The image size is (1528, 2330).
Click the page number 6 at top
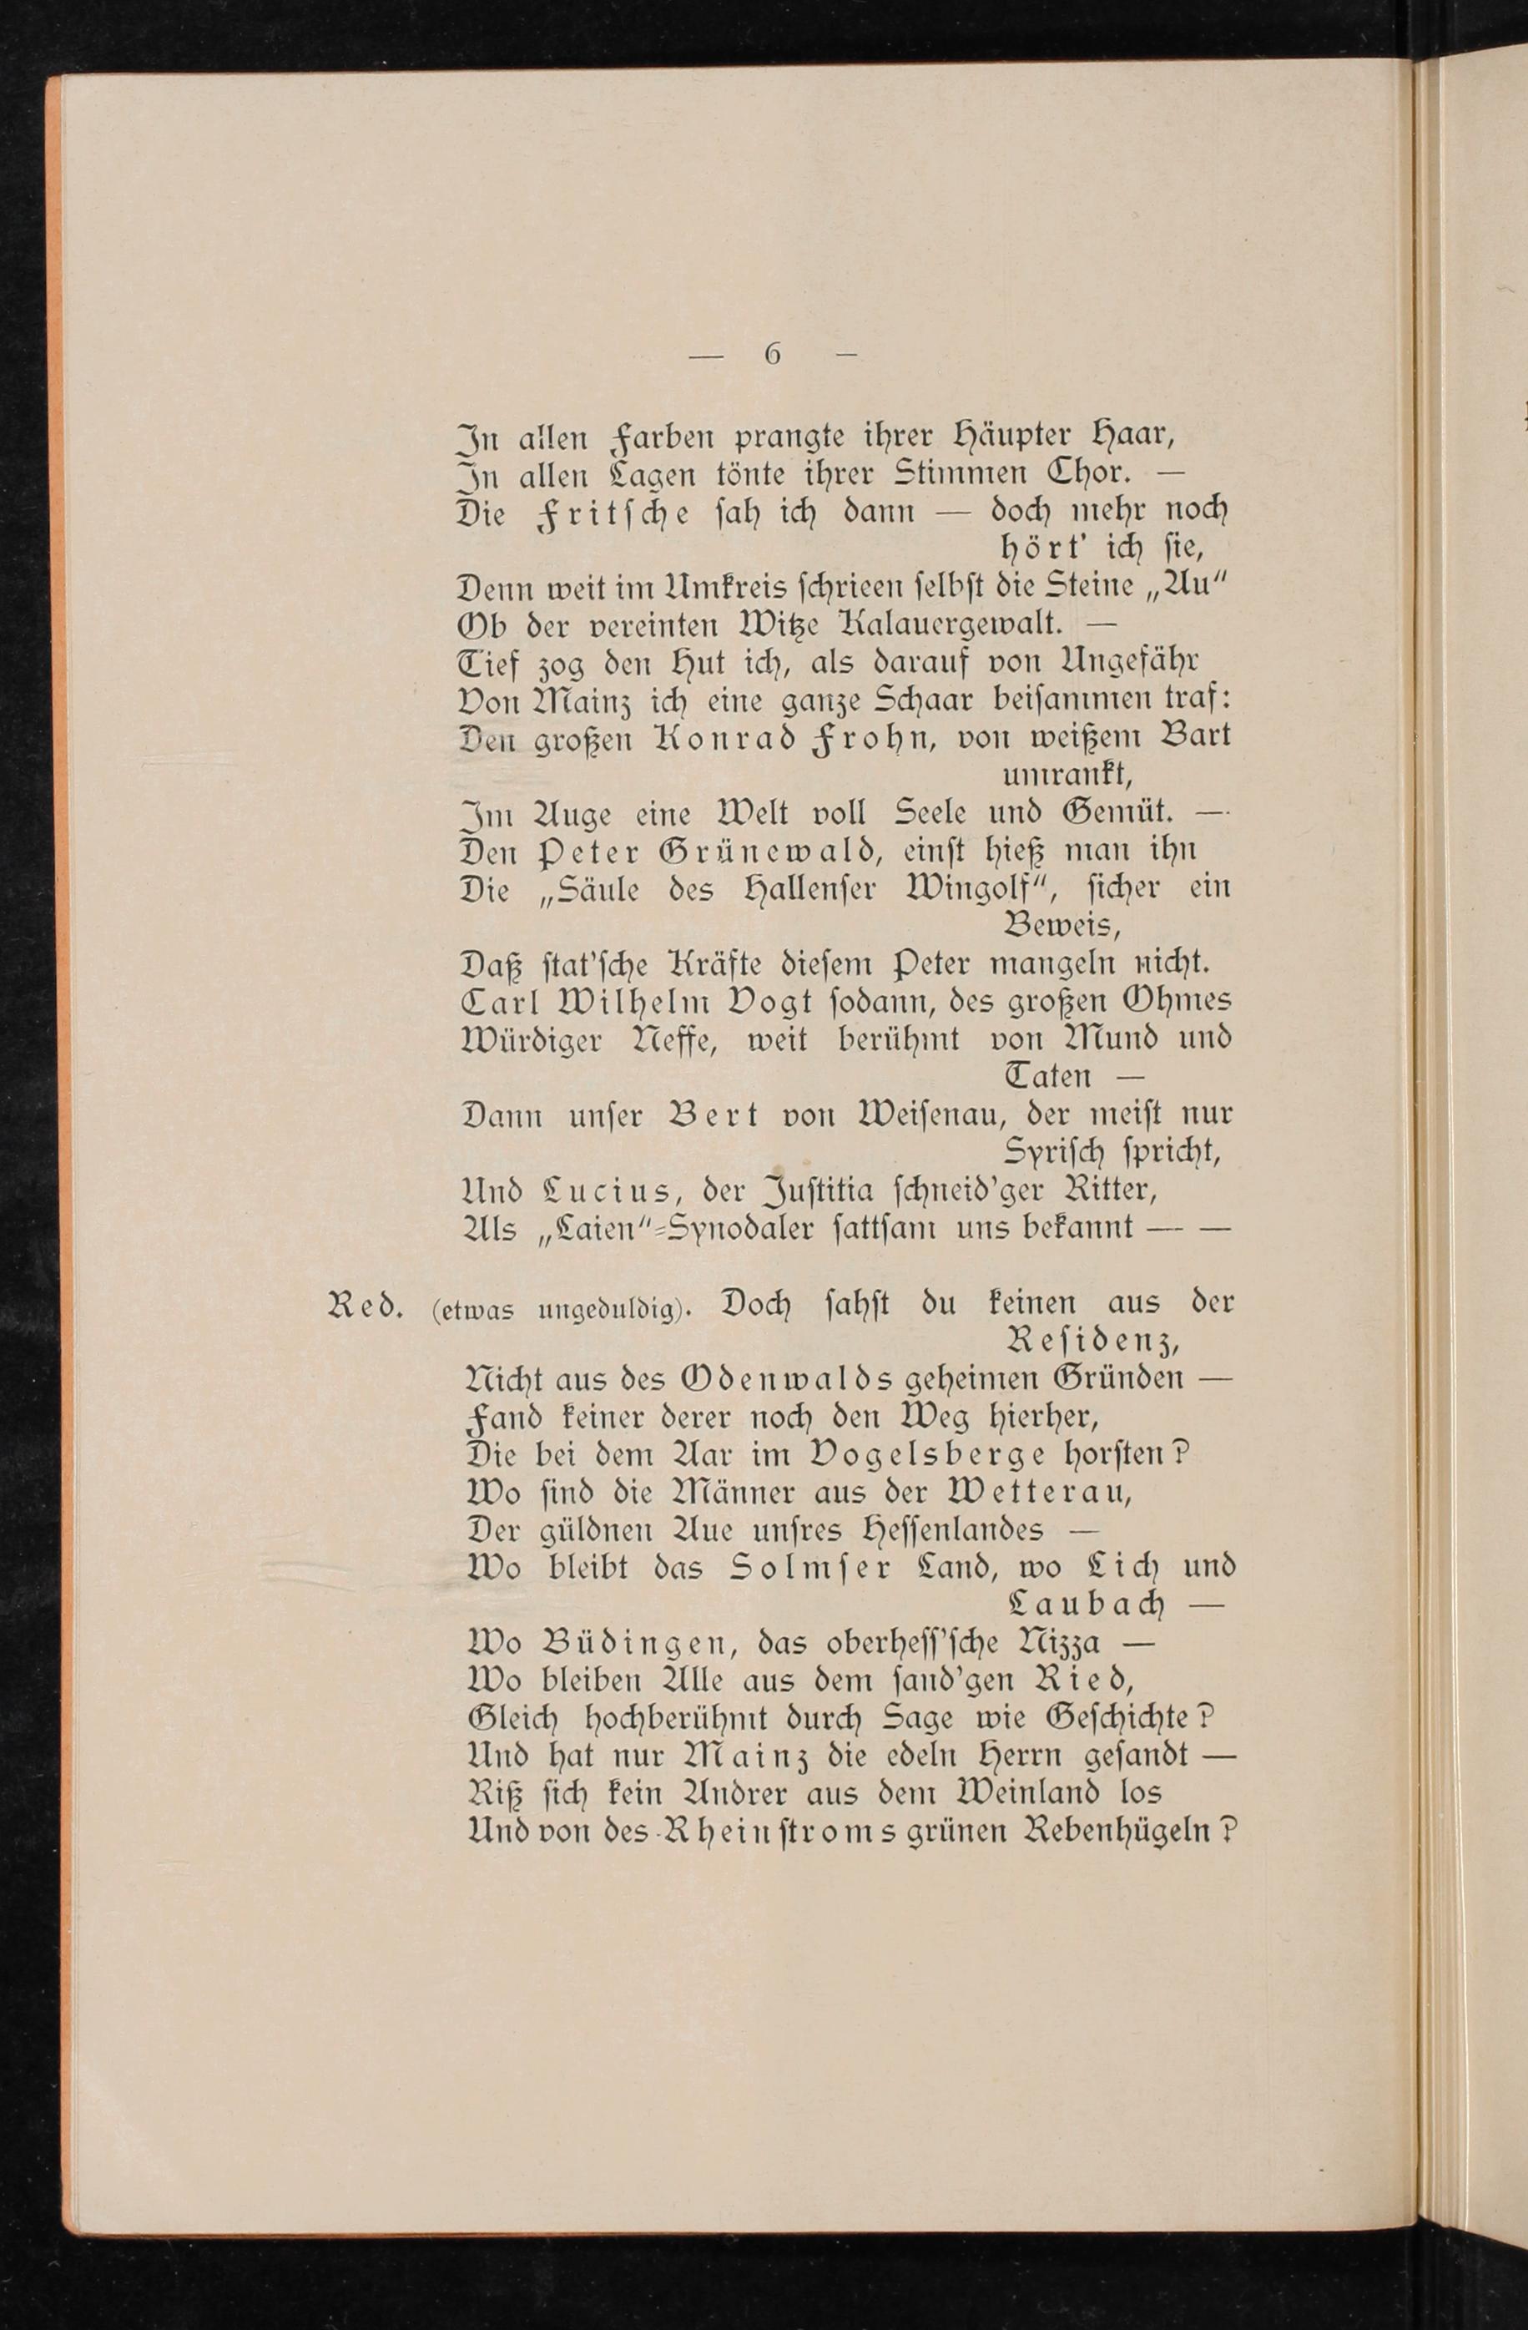772,355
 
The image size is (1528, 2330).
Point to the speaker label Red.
366,1305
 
